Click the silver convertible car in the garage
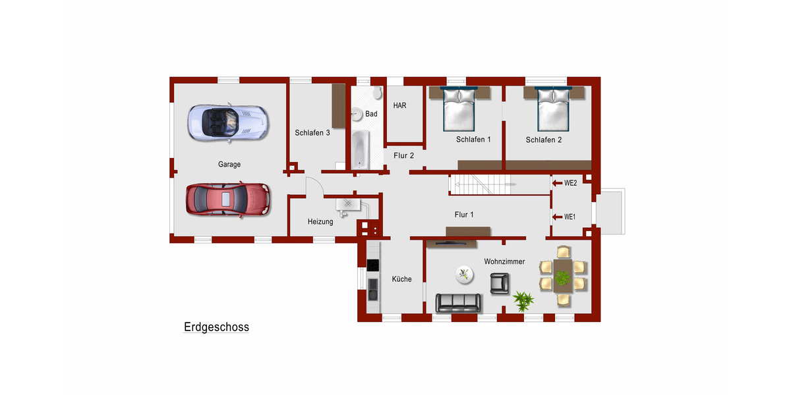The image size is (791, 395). click(228, 122)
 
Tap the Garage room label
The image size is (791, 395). click(229, 165)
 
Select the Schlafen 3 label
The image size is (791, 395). click(312, 132)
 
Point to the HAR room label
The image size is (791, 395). click(399, 105)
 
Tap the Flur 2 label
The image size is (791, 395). click(403, 156)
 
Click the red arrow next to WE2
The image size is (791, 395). click(556, 183)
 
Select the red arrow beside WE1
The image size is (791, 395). click(556, 217)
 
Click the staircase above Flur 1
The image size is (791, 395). click(481, 184)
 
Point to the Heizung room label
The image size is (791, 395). click(320, 222)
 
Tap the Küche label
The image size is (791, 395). click(401, 279)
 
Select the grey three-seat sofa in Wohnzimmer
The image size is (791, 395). click(458, 302)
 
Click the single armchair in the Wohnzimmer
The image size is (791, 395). click(500, 283)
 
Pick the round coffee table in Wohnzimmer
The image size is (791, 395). click(465, 274)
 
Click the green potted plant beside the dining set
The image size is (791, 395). click(523, 301)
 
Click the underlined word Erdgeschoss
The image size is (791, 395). click(216, 327)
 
